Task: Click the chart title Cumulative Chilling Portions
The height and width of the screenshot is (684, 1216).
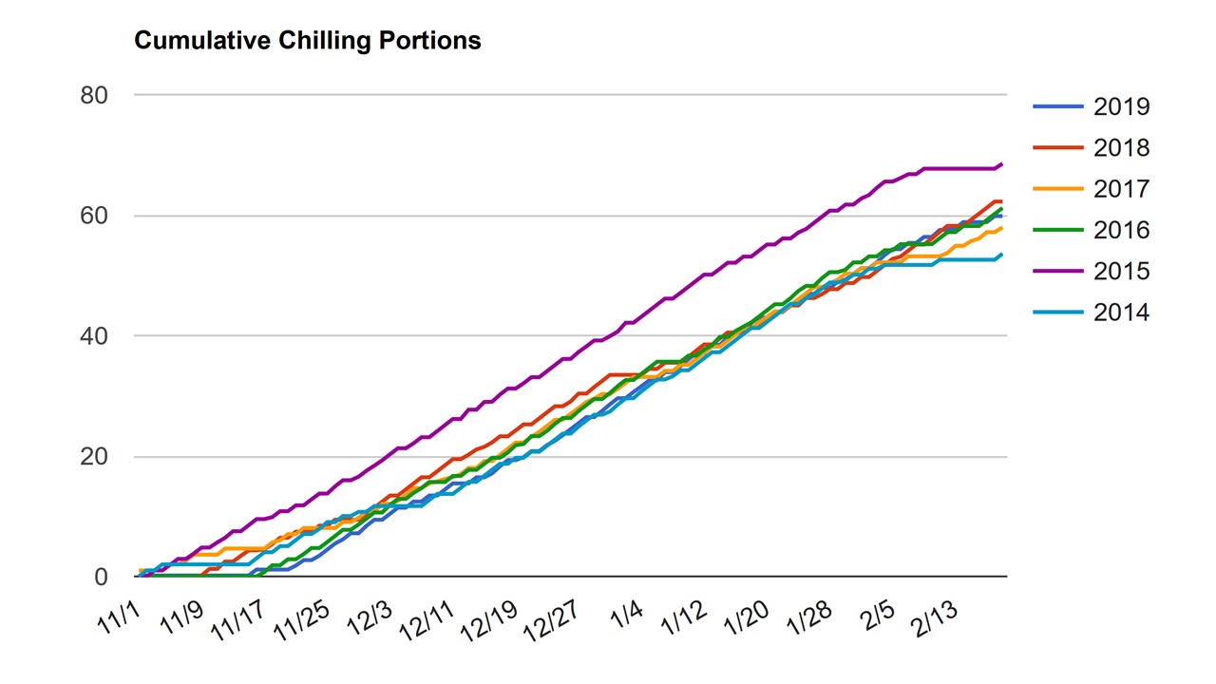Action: pyautogui.click(x=308, y=41)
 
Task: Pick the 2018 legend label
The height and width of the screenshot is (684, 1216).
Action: pyautogui.click(x=1122, y=148)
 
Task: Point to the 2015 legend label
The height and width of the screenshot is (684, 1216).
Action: pyautogui.click(x=1122, y=272)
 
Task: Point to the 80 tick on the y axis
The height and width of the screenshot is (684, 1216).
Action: pyautogui.click(x=94, y=96)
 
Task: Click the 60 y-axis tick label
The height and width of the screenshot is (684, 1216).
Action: pyautogui.click(x=94, y=216)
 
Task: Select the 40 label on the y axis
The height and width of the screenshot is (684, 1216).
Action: pyautogui.click(x=94, y=336)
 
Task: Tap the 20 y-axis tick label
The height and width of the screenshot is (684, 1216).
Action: pyautogui.click(x=94, y=457)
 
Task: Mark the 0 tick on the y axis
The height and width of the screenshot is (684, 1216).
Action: pyautogui.click(x=101, y=577)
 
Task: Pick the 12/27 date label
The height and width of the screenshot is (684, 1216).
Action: pyautogui.click(x=551, y=621)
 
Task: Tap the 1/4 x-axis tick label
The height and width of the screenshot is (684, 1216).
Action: pyautogui.click(x=626, y=615)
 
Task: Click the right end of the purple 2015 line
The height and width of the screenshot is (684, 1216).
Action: pyautogui.click(x=1001, y=164)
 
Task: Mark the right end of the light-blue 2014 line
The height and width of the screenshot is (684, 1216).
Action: pyautogui.click(x=1001, y=254)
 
